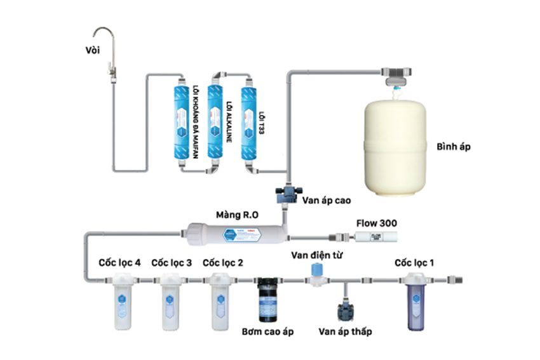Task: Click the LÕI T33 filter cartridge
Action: [x=247, y=121]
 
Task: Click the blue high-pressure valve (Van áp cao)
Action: [x=287, y=192]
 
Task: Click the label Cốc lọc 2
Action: [x=222, y=262]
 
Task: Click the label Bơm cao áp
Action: [x=269, y=331]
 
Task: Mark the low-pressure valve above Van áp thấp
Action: [x=346, y=310]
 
